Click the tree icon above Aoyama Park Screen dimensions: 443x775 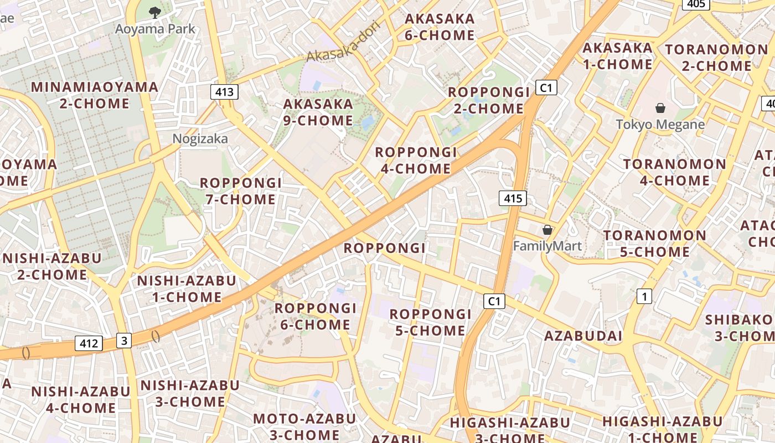click(154, 11)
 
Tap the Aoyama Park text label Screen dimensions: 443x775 click(155, 29)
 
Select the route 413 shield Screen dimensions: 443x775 click(224, 91)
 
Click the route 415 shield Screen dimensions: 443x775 click(513, 198)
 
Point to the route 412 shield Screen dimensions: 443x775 click(89, 343)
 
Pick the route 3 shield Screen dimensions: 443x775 click(124, 341)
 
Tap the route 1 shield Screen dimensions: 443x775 click(644, 296)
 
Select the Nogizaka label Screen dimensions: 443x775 click(200, 138)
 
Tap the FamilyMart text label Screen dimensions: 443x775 click(547, 245)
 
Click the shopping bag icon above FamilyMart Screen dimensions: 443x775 click(547, 229)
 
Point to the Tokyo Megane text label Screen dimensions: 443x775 click(660, 124)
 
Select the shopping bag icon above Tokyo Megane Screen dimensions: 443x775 click(660, 107)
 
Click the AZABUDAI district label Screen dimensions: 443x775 click(583, 336)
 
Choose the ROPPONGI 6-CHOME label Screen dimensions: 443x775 click(316, 316)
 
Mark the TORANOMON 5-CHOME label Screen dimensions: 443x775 click(655, 244)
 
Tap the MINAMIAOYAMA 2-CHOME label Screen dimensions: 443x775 click(94, 95)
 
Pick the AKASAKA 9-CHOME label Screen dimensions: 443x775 click(318, 112)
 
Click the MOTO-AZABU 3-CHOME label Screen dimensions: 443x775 click(304, 426)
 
